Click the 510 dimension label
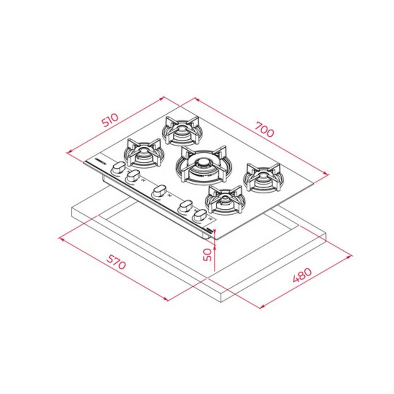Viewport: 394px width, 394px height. click(110, 120)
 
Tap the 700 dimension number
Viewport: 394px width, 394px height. click(264, 130)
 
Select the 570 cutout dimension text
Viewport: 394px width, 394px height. click(116, 262)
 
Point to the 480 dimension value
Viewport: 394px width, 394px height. click(302, 275)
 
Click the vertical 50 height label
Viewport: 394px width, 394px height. click(208, 255)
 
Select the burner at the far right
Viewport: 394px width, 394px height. click(263, 177)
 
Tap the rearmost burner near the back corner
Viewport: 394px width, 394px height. click(182, 131)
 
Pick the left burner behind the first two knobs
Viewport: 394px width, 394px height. click(144, 153)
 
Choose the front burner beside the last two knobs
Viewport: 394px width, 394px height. click(224, 199)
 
